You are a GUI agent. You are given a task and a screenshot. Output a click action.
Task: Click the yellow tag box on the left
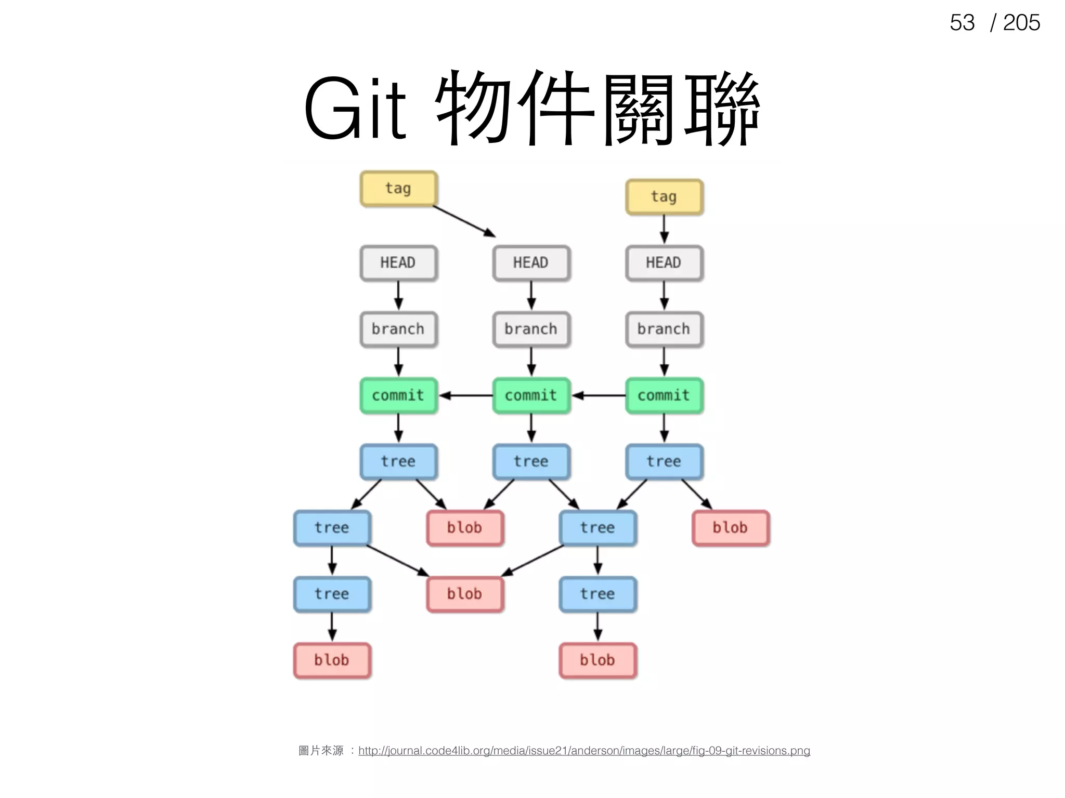click(398, 189)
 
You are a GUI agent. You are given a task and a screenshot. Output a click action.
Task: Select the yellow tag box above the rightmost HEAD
click(664, 197)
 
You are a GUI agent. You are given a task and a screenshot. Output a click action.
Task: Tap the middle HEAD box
click(531, 263)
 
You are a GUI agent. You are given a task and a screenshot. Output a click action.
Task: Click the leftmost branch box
click(398, 329)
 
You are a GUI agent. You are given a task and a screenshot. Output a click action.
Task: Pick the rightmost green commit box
click(664, 395)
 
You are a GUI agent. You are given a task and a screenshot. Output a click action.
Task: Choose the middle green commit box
click(531, 395)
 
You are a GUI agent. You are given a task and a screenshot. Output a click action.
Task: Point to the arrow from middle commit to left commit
click(465, 395)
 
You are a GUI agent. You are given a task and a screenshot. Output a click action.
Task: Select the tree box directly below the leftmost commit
click(398, 461)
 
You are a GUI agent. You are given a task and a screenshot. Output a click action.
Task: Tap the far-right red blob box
click(730, 528)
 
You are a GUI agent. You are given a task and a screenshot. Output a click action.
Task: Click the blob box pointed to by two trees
click(465, 594)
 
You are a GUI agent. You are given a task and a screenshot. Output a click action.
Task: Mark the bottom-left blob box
click(332, 660)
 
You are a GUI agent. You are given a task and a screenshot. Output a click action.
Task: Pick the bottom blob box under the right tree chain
click(598, 660)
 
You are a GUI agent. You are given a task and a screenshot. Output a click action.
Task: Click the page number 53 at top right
click(962, 23)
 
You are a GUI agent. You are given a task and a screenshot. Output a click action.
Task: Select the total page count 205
click(1021, 23)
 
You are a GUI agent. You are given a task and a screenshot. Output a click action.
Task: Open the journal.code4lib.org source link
click(583, 751)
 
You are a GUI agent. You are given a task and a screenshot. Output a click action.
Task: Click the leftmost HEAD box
click(398, 263)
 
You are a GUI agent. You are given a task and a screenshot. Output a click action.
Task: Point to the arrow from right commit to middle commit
click(599, 395)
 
